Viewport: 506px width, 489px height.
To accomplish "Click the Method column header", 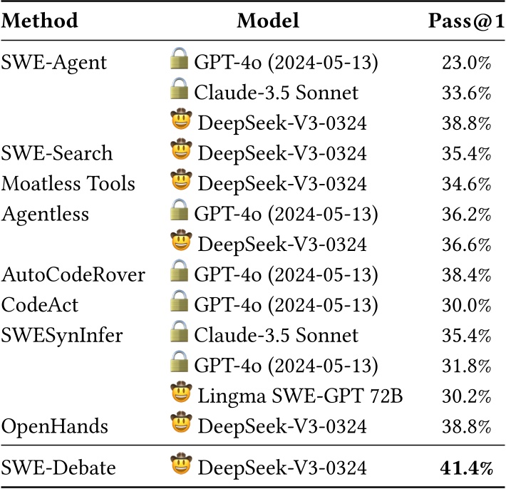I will coord(40,20).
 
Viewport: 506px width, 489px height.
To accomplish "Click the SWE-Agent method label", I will coord(55,63).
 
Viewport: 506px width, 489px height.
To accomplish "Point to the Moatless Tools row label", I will coord(68,184).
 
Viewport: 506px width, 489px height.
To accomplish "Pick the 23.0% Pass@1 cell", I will coord(467,63).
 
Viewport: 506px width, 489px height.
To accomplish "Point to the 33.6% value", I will coord(467,93).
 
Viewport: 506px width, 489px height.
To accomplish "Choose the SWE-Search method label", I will coord(56,153).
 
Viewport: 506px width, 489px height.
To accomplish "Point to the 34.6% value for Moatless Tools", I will coord(467,184).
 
